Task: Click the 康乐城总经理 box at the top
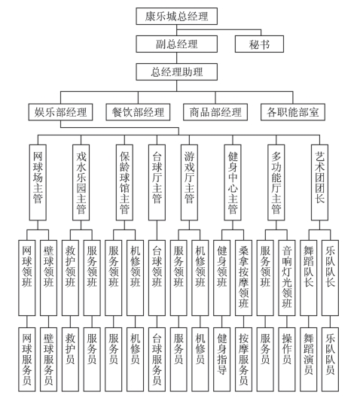pos(176,17)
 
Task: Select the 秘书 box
pos(259,44)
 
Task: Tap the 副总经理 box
pos(176,44)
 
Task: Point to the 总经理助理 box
pos(176,71)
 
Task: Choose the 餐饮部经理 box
pos(138,112)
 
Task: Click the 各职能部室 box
pos(293,112)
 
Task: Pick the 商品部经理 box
pos(215,112)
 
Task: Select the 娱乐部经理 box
pos(60,112)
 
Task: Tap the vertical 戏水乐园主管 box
pos(81,183)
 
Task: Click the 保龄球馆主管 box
pos(124,183)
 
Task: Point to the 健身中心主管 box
pos(233,183)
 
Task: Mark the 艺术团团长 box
pos(319,183)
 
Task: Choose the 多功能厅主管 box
pos(276,183)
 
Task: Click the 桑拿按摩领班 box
pos(244,278)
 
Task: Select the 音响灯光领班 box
pos(287,278)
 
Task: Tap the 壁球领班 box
pos(48,278)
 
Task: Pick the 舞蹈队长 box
pos(309,278)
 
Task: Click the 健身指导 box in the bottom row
pos(221,360)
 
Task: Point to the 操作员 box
pos(287,360)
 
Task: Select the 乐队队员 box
pos(331,360)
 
